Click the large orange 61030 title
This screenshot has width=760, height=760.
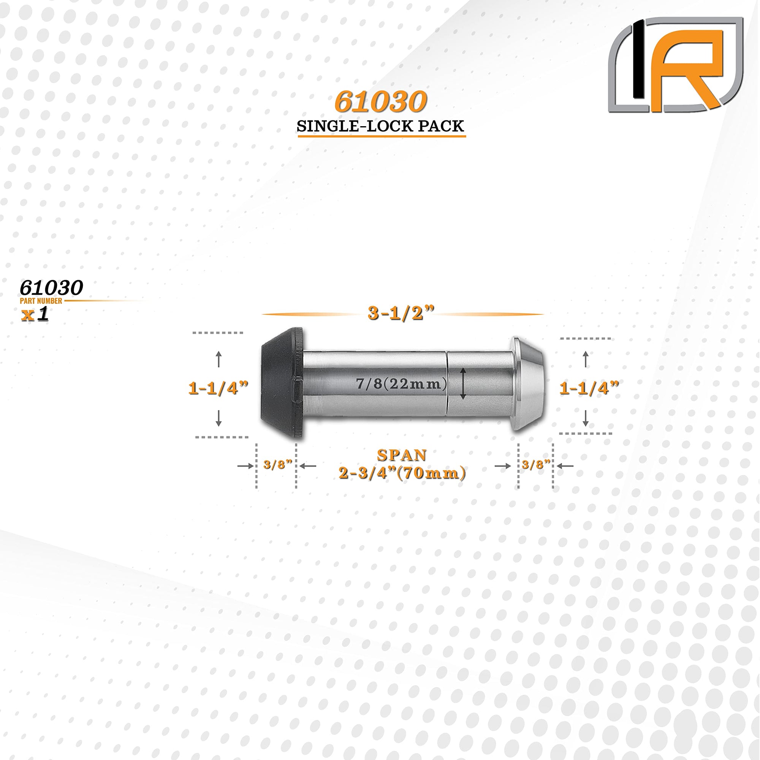point(380,102)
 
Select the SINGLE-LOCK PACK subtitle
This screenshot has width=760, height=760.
point(380,126)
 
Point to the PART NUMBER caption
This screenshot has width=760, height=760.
point(41,301)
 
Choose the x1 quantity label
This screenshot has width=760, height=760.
point(35,314)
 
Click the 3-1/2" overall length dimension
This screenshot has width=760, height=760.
point(401,313)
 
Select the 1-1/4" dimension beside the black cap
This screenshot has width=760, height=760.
point(218,388)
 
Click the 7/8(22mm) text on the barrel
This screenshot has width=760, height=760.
point(402,383)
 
